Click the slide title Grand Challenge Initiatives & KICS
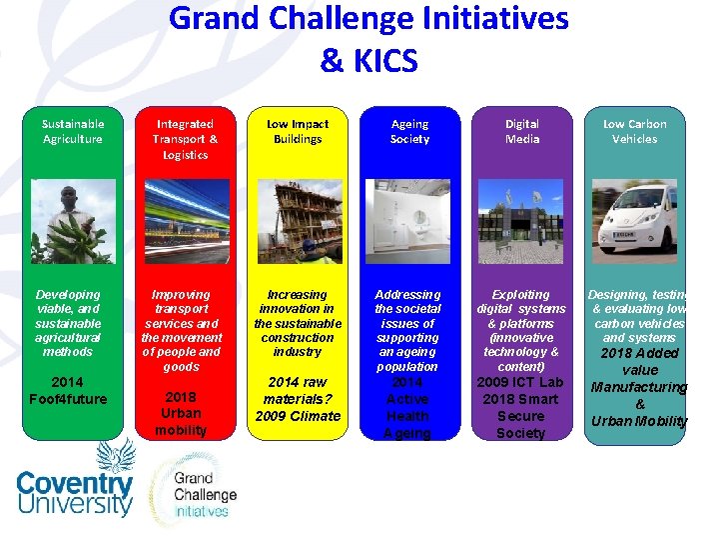(368, 39)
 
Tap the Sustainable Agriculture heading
(73, 131)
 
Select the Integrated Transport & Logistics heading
(185, 139)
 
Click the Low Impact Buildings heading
(297, 131)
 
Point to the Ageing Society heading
(409, 131)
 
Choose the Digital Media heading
(521, 131)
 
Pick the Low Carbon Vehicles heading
(634, 131)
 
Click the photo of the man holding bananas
(73, 221)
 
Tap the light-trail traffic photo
(185, 221)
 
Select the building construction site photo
(297, 221)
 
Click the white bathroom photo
(409, 221)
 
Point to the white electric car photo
(634, 221)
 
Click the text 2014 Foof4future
(68, 390)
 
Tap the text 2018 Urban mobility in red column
(181, 412)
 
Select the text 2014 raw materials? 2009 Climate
(297, 399)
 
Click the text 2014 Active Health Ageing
(407, 407)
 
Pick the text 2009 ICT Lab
(520, 382)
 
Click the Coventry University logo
(75, 483)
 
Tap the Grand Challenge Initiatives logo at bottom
(203, 491)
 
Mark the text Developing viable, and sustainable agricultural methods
(68, 323)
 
